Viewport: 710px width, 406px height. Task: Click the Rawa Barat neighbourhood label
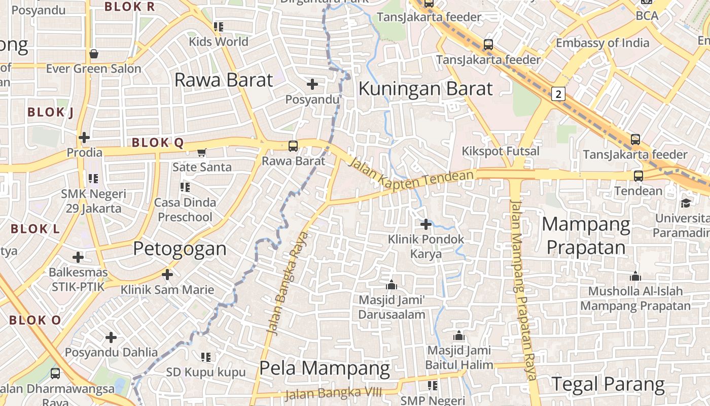(x=224, y=80)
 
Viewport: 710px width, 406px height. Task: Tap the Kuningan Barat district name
(x=425, y=89)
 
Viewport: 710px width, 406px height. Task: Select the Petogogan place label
(x=180, y=249)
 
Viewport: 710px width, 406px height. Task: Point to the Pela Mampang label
(x=325, y=368)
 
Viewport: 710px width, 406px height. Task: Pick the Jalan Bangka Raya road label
(x=288, y=283)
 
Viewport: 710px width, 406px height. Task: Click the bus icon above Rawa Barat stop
(x=293, y=146)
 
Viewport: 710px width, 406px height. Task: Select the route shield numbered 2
(x=558, y=94)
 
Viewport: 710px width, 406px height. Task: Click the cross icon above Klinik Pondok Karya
(x=426, y=224)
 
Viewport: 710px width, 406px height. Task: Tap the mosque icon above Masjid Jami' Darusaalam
(x=391, y=284)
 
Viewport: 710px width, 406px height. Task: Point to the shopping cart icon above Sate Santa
(x=202, y=152)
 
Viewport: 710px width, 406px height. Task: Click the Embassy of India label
(x=602, y=43)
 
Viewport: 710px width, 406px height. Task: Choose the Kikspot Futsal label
(x=501, y=151)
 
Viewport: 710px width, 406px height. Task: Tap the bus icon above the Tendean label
(x=638, y=176)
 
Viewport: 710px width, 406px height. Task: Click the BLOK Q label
(x=157, y=143)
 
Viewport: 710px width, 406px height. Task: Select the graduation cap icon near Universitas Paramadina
(x=686, y=203)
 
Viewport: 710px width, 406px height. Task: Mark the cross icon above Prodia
(x=84, y=138)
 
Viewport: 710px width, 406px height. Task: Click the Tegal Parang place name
(x=608, y=384)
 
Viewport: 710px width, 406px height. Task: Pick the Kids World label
(x=219, y=41)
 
